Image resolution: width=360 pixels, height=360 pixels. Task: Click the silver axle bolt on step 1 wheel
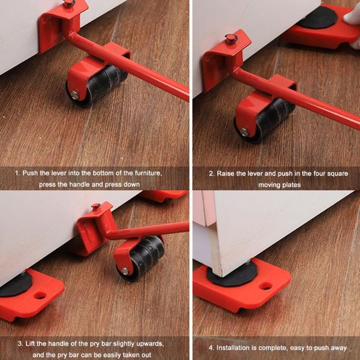click(74, 94)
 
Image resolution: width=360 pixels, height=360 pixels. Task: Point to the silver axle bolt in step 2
click(244, 131)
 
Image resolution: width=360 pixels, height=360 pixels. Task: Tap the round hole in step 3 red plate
click(40, 295)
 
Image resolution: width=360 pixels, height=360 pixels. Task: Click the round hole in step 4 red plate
click(265, 286)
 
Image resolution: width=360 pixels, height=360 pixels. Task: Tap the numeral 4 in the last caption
click(209, 347)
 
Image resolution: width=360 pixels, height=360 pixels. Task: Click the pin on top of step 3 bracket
click(95, 206)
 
